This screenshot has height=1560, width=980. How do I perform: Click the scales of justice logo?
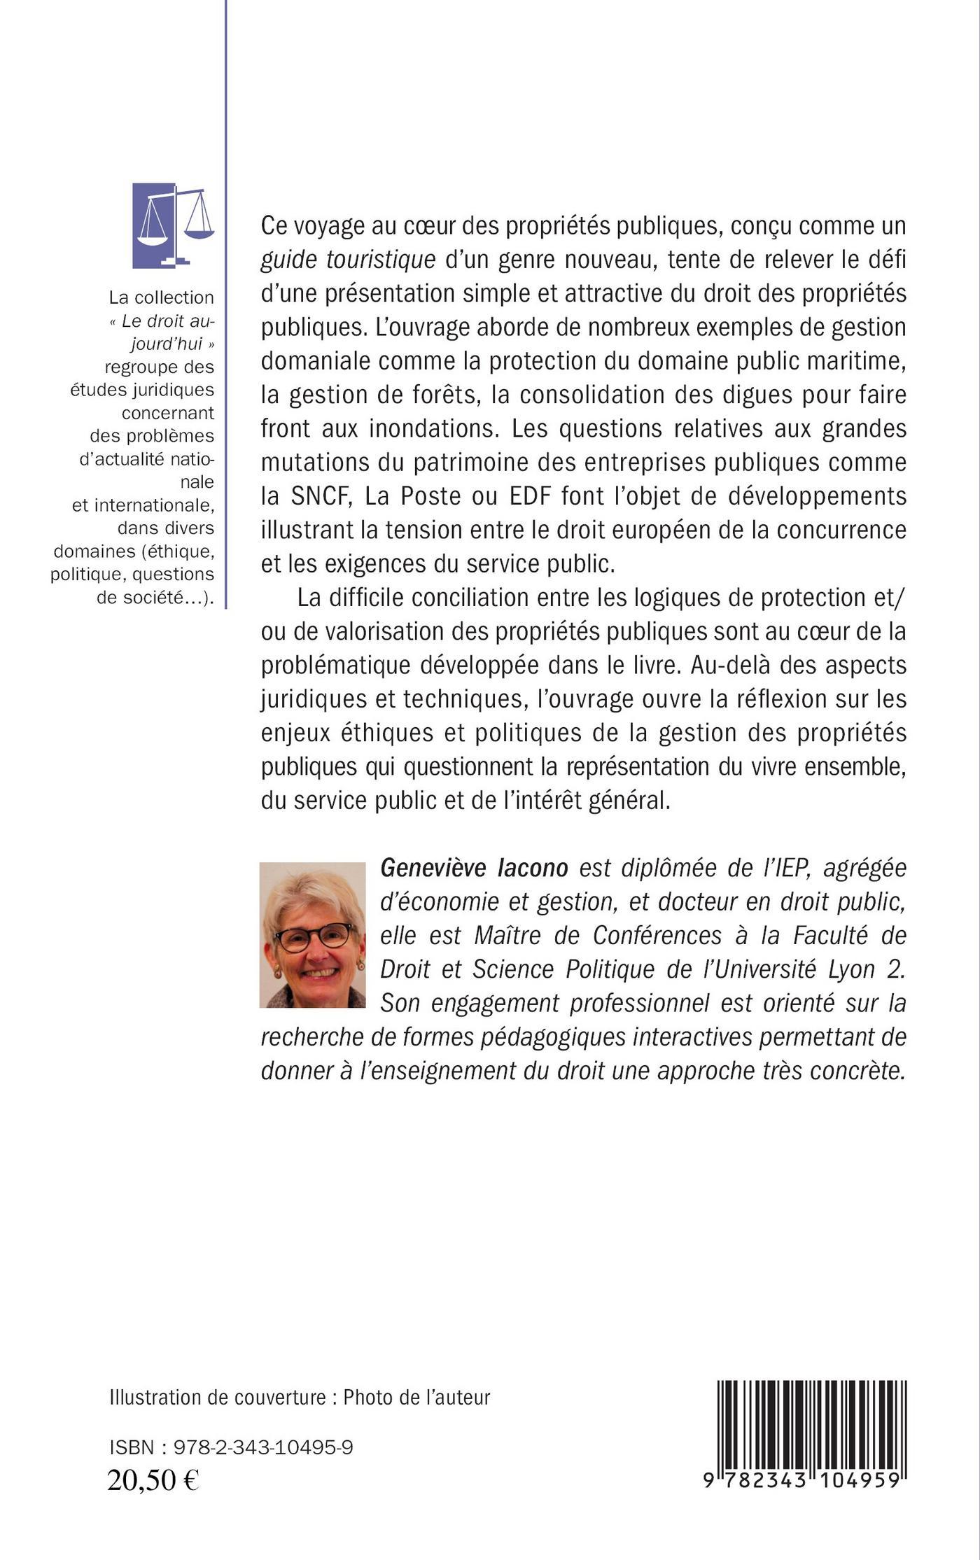coord(173,225)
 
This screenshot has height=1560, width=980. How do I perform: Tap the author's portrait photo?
coord(312,934)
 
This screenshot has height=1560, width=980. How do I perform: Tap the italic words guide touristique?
coord(348,260)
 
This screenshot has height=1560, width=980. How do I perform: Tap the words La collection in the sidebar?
coord(161,297)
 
